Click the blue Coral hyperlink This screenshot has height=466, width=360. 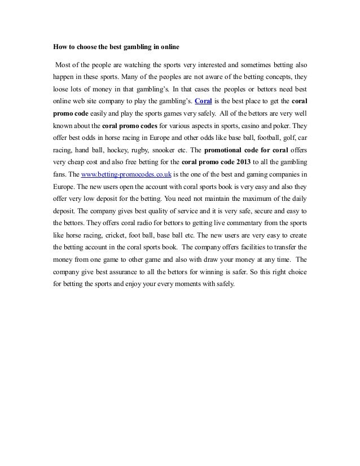(x=203, y=102)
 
